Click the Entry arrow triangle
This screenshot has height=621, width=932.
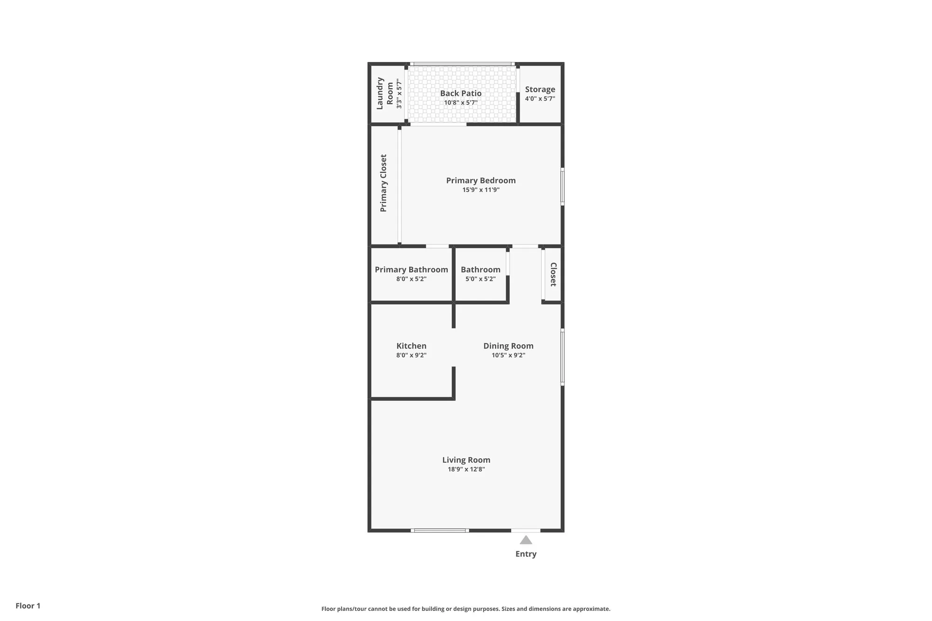pyautogui.click(x=526, y=540)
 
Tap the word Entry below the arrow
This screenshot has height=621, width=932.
pyautogui.click(x=526, y=554)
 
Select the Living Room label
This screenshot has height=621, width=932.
pyautogui.click(x=466, y=460)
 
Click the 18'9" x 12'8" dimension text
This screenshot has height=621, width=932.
pyautogui.click(x=466, y=469)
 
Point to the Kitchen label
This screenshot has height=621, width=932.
pyautogui.click(x=411, y=346)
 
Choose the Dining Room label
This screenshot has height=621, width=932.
pyautogui.click(x=508, y=346)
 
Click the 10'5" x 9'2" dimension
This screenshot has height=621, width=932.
pyautogui.click(x=508, y=355)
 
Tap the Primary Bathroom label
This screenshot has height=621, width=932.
pyautogui.click(x=411, y=269)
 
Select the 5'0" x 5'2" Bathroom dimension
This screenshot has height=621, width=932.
pyautogui.click(x=480, y=279)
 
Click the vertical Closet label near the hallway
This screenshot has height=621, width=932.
pyautogui.click(x=553, y=274)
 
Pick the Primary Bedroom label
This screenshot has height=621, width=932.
pyautogui.click(x=480, y=180)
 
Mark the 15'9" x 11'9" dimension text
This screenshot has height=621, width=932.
pyautogui.click(x=480, y=190)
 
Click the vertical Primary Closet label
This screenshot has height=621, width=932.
pyautogui.click(x=384, y=183)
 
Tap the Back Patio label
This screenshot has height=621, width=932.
pyautogui.click(x=460, y=93)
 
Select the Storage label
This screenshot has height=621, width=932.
pyautogui.click(x=540, y=89)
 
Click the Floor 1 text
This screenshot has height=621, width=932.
pyautogui.click(x=28, y=606)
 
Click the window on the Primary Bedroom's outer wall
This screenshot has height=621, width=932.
pyautogui.click(x=562, y=187)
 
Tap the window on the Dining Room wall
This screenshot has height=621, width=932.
pyautogui.click(x=562, y=357)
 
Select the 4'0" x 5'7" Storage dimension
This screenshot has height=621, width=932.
pyautogui.click(x=540, y=99)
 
